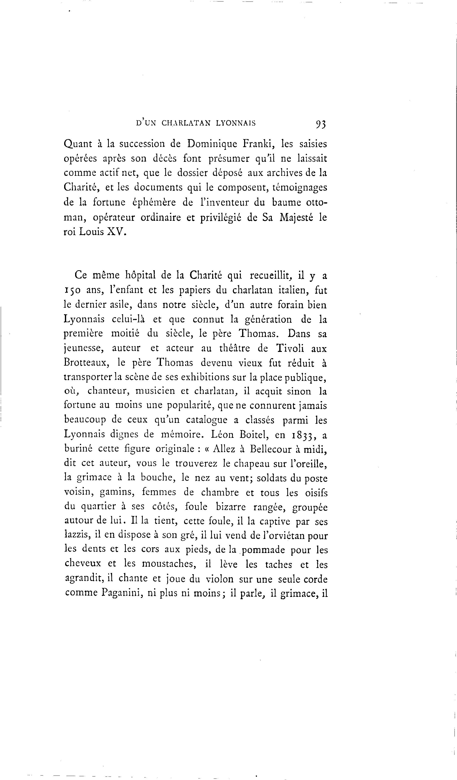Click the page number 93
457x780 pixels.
coord(320,124)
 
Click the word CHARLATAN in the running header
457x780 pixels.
coord(186,123)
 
